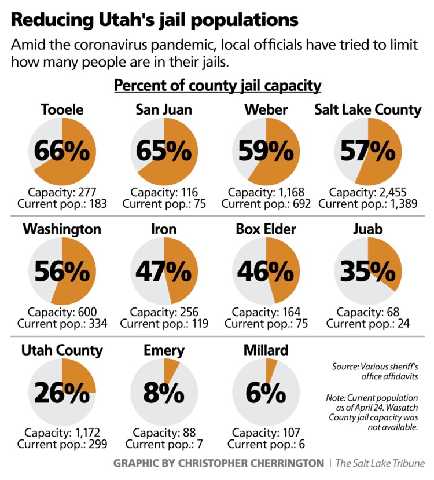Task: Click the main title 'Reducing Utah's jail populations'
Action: click(x=155, y=20)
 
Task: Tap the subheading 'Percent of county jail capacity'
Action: click(x=218, y=86)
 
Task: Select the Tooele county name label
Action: click(x=62, y=109)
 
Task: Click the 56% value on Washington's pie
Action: click(x=62, y=271)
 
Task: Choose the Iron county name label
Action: click(x=164, y=230)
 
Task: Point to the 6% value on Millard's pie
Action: click(x=266, y=393)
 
